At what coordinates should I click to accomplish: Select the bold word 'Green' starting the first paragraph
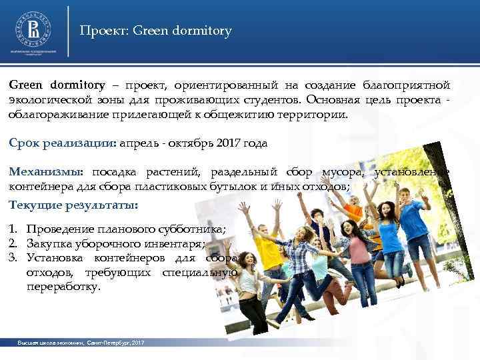(x=25, y=85)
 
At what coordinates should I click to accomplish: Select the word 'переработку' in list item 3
(x=63, y=287)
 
